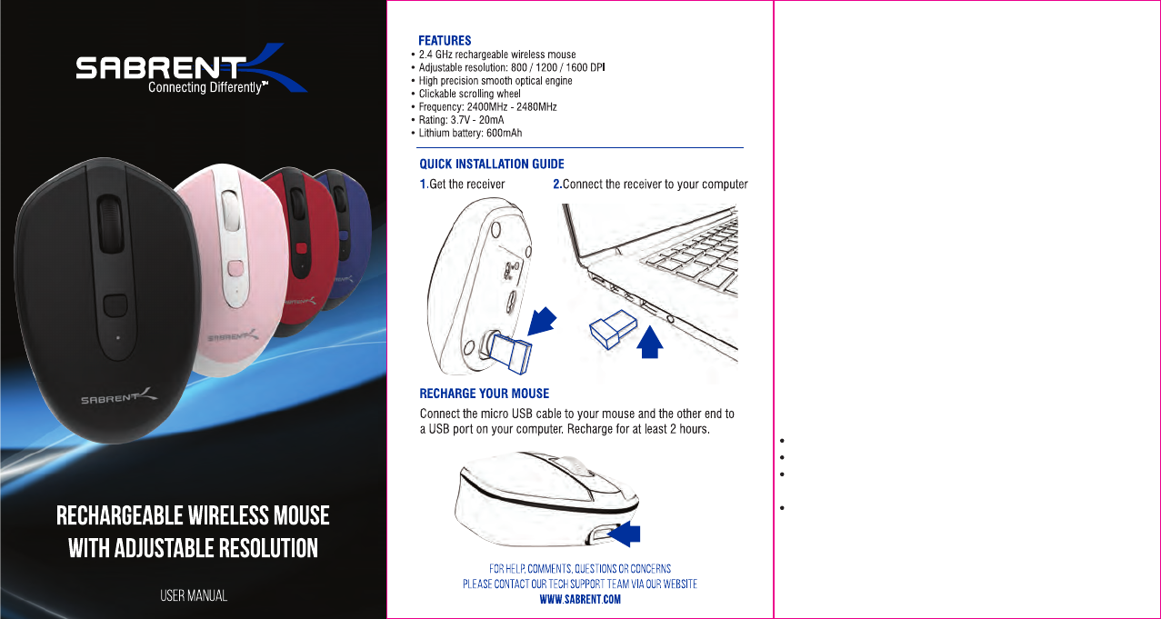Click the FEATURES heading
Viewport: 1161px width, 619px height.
445,41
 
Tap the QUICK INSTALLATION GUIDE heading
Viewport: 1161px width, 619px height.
491,165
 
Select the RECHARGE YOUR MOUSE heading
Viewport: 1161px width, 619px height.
484,394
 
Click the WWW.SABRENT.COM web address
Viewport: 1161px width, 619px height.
580,601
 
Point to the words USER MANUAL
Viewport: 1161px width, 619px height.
194,596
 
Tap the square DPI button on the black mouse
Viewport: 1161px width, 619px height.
115,305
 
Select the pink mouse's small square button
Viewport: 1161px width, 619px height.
236,268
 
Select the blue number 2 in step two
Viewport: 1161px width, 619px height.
556,185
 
